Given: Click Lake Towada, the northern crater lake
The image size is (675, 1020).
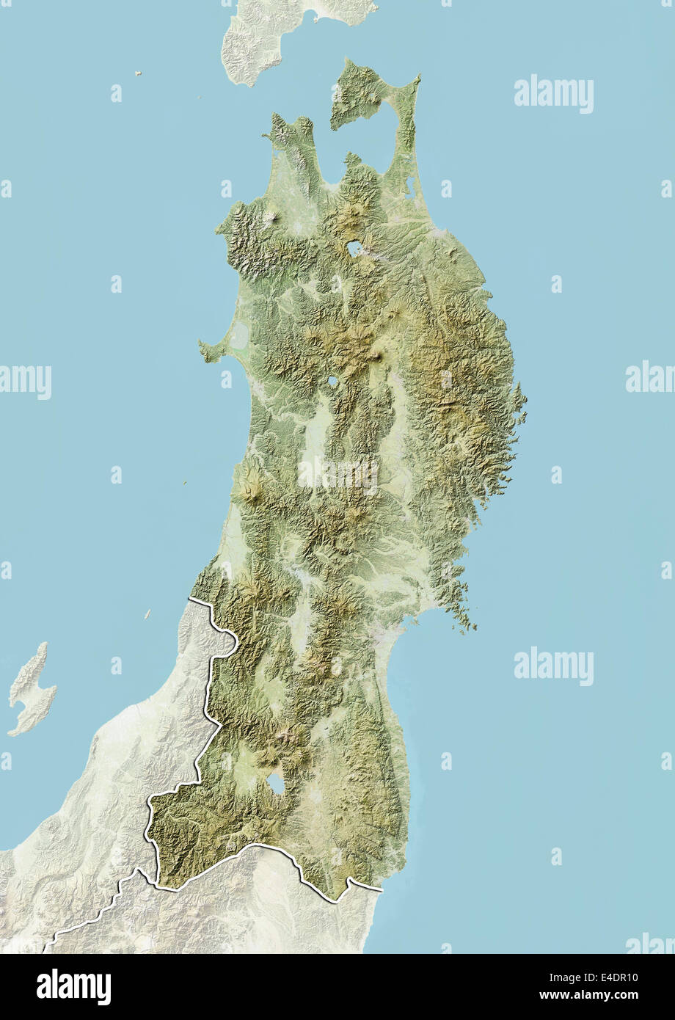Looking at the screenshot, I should click(x=355, y=248).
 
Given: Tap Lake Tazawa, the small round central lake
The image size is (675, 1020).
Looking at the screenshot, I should click(x=333, y=382).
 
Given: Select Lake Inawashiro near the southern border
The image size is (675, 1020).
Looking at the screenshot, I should click(x=277, y=784).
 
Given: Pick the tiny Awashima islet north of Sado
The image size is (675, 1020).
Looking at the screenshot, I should click(x=147, y=613).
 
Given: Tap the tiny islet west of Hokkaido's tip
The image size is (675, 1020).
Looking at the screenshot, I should click(x=137, y=73).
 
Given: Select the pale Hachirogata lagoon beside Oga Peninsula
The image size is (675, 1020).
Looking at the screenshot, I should click(x=239, y=338).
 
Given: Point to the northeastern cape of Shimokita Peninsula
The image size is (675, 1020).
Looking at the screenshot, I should click(x=416, y=78).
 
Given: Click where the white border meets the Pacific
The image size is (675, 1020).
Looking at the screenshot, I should click(x=381, y=889).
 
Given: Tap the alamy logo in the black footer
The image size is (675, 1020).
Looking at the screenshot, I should click(x=73, y=986).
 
